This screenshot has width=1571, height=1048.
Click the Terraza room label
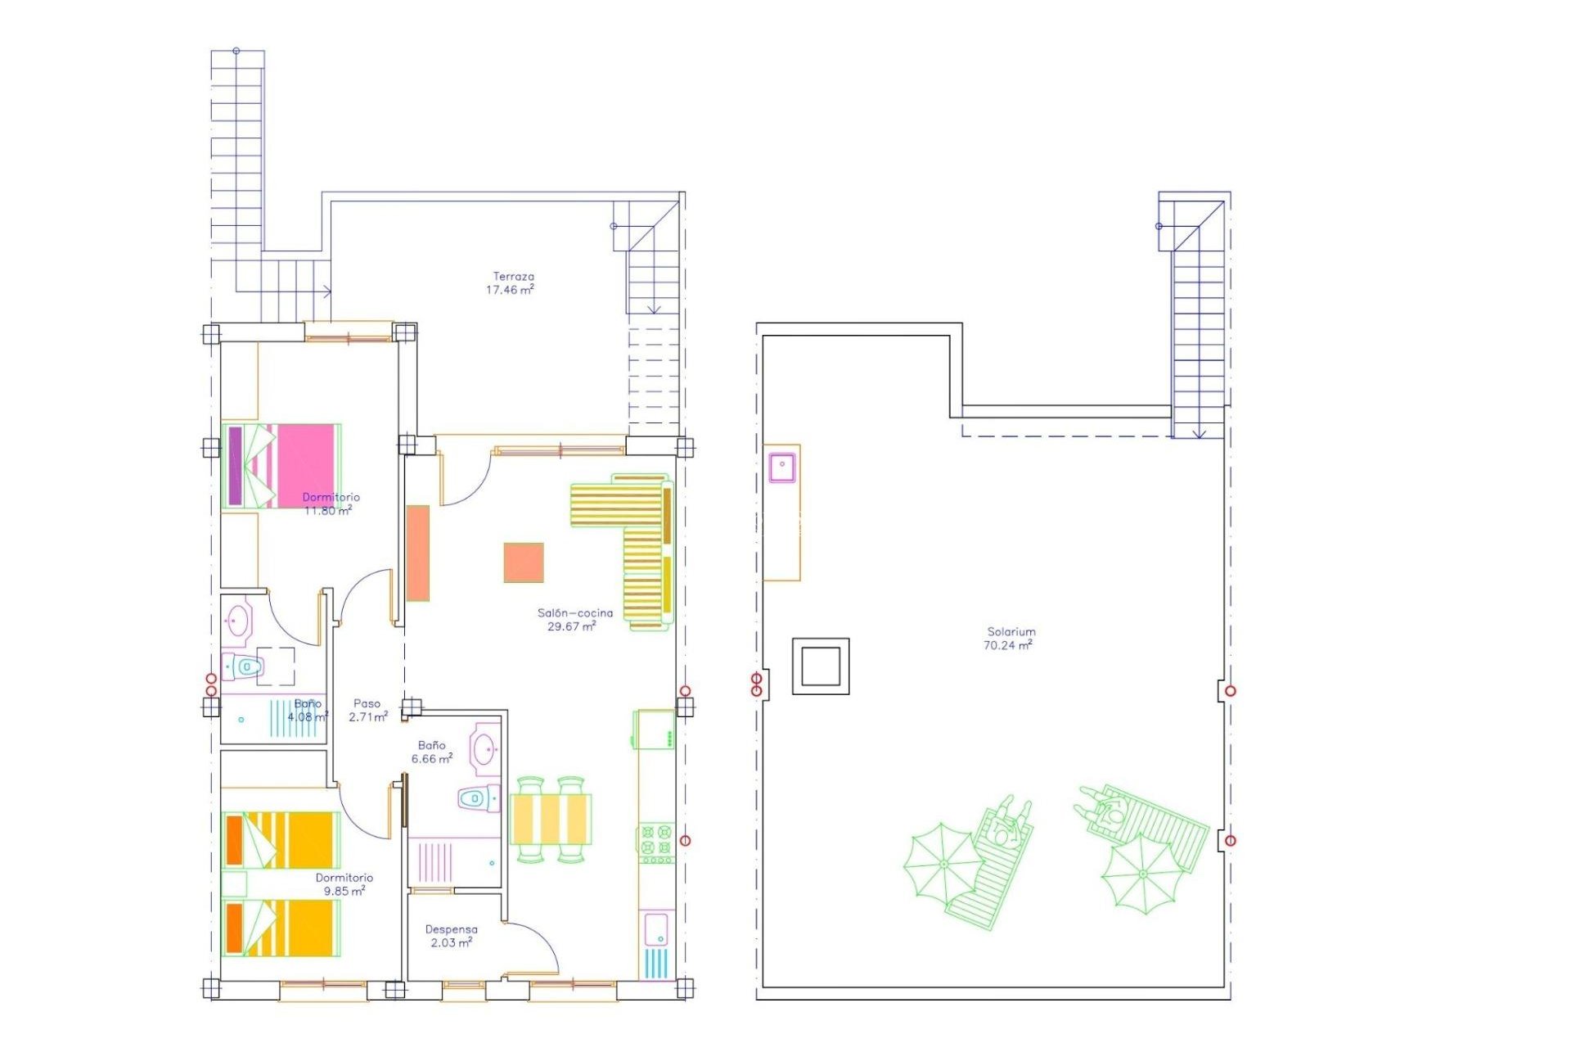point(513,277)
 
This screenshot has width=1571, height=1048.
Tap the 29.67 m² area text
point(571,626)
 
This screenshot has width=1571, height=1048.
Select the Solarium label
point(1011,631)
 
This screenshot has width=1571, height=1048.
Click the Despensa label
point(451,929)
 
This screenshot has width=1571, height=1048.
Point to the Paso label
point(367,703)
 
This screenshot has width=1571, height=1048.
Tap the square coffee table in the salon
point(524,562)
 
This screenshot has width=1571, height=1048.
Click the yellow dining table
point(550,819)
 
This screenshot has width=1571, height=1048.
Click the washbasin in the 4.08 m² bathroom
point(238,621)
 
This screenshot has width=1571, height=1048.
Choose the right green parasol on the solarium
point(1141,874)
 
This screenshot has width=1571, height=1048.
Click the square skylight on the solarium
point(821,666)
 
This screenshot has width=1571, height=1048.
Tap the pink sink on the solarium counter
point(782,467)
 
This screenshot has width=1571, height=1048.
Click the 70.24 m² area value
point(1007,645)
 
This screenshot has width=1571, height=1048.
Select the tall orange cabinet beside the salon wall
point(418,553)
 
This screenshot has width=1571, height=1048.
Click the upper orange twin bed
point(281,840)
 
